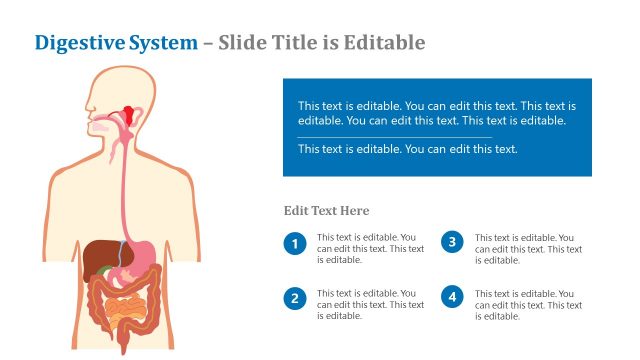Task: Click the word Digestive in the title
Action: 80,43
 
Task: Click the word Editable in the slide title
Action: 384,43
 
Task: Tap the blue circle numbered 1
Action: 294,243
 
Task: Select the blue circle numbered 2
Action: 294,297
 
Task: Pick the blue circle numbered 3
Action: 452,242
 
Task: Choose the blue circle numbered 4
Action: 452,297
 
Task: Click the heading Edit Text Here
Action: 326,211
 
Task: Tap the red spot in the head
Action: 130,110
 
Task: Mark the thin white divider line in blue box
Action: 394,136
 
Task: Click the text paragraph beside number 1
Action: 370,248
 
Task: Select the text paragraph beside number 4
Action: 528,304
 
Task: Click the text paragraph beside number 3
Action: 528,248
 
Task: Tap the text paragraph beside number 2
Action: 370,304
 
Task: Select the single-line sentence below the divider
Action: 407,149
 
